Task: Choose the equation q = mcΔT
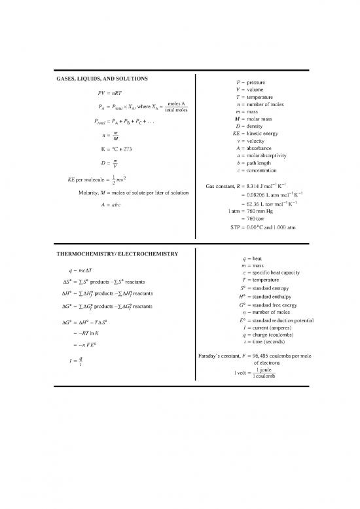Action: (80, 270)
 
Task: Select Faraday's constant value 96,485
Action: (273, 356)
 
